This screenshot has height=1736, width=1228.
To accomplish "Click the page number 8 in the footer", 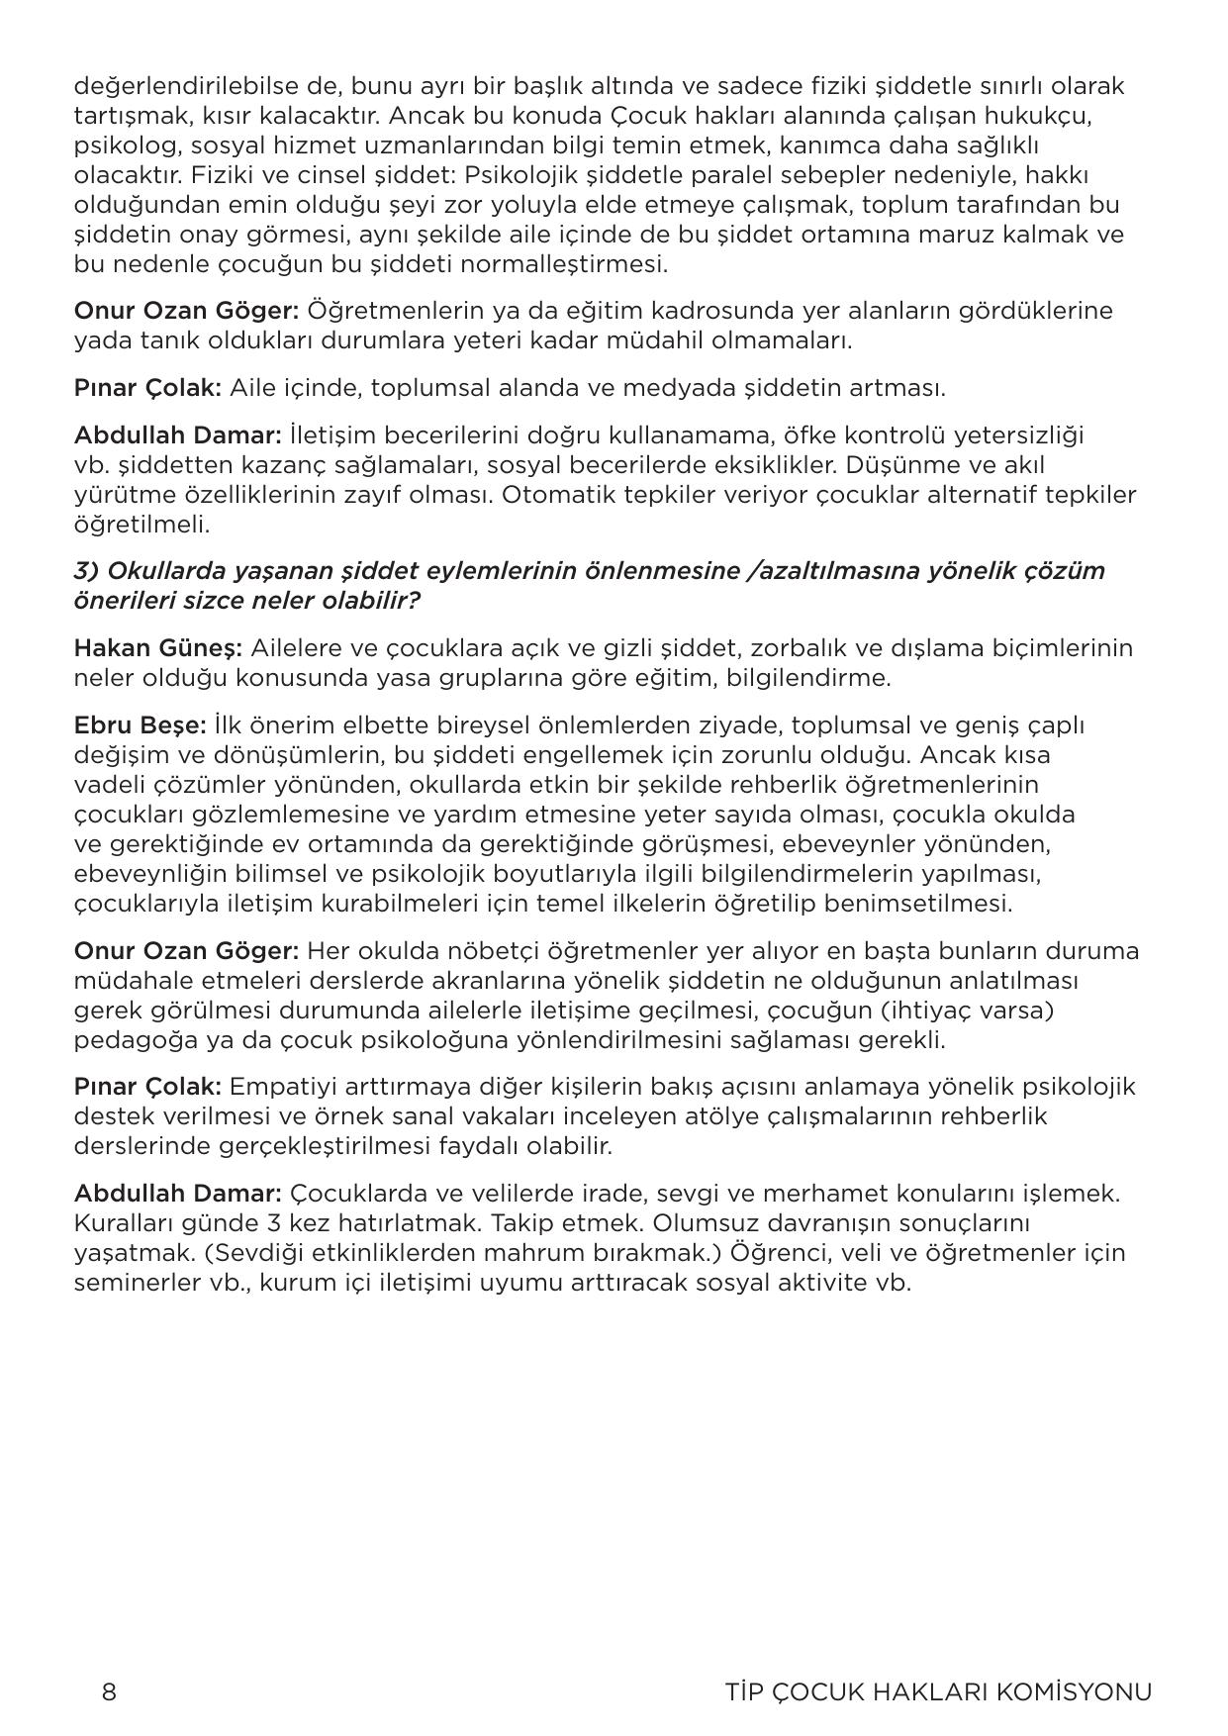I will click(109, 1691).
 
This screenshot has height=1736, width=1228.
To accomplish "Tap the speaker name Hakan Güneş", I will click(158, 648).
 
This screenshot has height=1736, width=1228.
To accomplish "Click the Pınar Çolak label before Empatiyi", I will click(148, 1087).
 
